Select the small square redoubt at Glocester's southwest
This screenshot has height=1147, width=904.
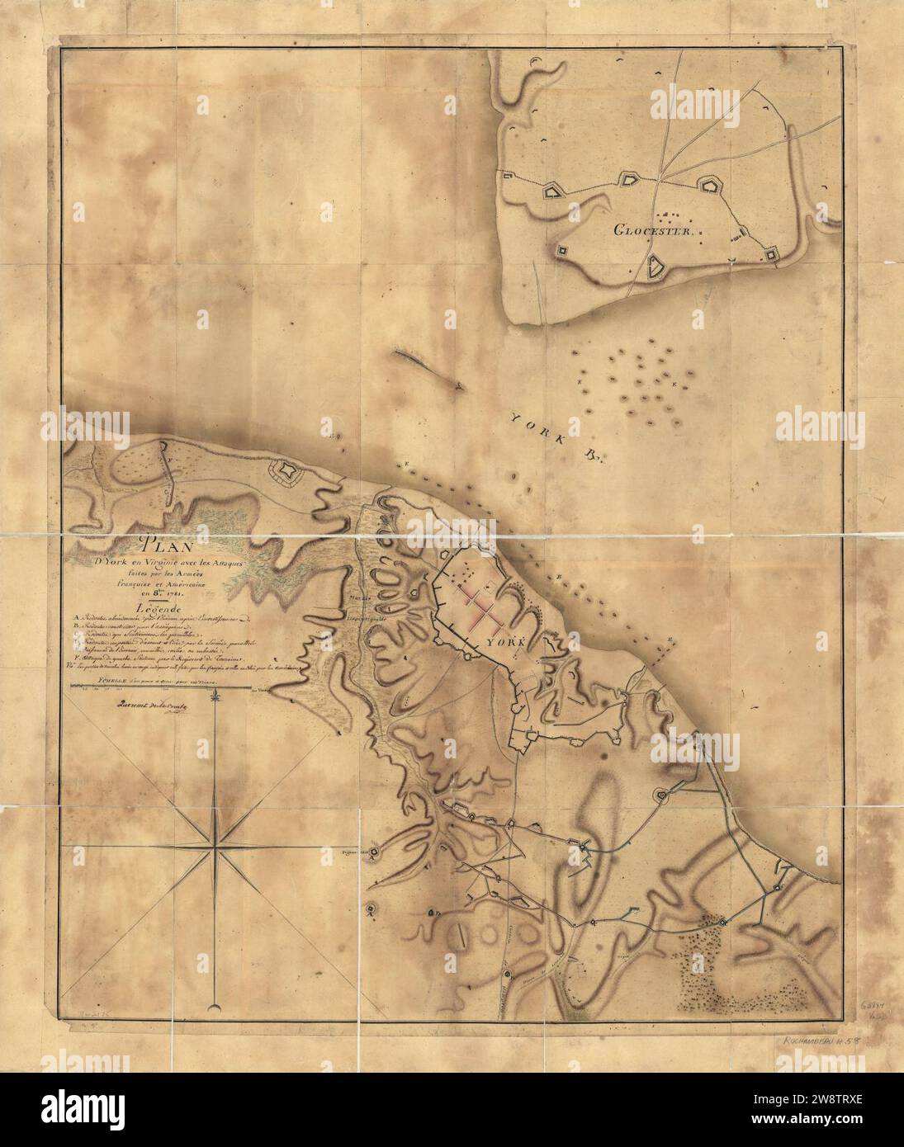click(x=563, y=250)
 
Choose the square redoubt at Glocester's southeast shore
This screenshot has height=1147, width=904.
click(x=772, y=256)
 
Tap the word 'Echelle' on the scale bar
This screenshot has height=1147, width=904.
click(x=88, y=678)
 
